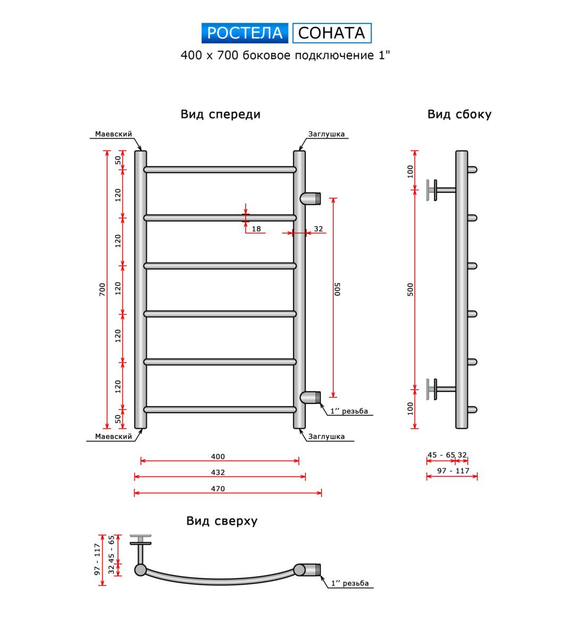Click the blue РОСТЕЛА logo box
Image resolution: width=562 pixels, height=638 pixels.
tap(245, 33)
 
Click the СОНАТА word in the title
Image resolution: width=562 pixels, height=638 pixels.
tap(332, 33)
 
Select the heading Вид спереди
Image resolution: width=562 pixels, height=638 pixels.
tap(220, 114)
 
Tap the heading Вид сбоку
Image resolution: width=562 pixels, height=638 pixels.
tap(459, 114)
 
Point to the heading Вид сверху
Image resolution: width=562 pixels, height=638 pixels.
tap(222, 521)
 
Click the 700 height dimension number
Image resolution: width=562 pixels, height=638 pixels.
tap(102, 289)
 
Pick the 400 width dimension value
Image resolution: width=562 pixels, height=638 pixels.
tap(218, 456)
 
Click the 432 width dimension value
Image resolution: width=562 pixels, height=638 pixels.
tap(218, 472)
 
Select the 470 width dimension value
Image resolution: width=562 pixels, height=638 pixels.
tap(218, 489)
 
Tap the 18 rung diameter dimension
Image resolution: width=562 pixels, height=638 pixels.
tap(256, 229)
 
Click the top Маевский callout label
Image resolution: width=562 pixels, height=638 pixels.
tap(114, 134)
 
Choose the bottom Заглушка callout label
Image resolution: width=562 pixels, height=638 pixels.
tap(326, 436)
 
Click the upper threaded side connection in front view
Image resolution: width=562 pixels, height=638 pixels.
tap(312, 198)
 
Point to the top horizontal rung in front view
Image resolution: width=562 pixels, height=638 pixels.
tap(220, 170)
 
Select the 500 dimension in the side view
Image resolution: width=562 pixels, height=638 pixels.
tap(410, 289)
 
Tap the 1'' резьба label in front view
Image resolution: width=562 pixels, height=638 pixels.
tap(349, 411)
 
